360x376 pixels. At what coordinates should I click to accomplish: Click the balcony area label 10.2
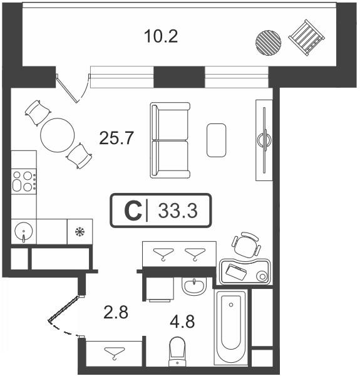click(x=161, y=37)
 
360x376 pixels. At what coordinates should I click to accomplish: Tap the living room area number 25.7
click(x=116, y=138)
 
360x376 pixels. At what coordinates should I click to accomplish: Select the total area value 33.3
click(x=178, y=211)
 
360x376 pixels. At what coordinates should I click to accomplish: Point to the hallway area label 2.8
click(x=116, y=312)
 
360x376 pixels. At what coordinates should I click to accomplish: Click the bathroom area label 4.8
click(x=182, y=321)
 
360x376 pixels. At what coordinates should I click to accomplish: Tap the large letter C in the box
click(x=133, y=211)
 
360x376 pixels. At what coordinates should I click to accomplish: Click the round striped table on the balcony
click(x=268, y=43)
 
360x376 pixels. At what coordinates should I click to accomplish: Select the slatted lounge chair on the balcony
click(x=306, y=38)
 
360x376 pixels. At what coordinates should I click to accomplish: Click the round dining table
click(x=58, y=135)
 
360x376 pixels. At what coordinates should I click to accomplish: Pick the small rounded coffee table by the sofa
click(x=216, y=140)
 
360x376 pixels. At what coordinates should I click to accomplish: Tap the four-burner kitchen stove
click(x=24, y=181)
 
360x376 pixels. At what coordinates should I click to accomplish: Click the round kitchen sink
click(x=23, y=231)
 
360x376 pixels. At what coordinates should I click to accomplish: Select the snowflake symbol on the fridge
click(x=80, y=232)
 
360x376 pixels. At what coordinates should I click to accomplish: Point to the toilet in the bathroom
click(x=177, y=352)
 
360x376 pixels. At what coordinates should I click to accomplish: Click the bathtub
click(x=231, y=327)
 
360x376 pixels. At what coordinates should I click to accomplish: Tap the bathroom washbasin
click(x=193, y=286)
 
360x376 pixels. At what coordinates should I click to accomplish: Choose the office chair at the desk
click(x=246, y=245)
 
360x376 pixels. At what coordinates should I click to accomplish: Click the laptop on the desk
click(x=236, y=272)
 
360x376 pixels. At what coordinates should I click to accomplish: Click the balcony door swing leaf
click(x=66, y=88)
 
